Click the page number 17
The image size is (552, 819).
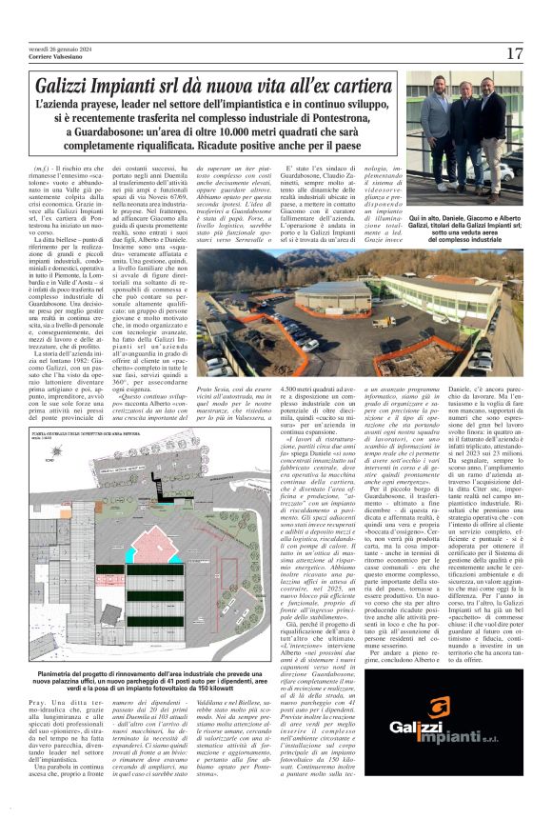pos(515,53)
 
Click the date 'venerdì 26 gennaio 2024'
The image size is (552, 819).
pos(52,47)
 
